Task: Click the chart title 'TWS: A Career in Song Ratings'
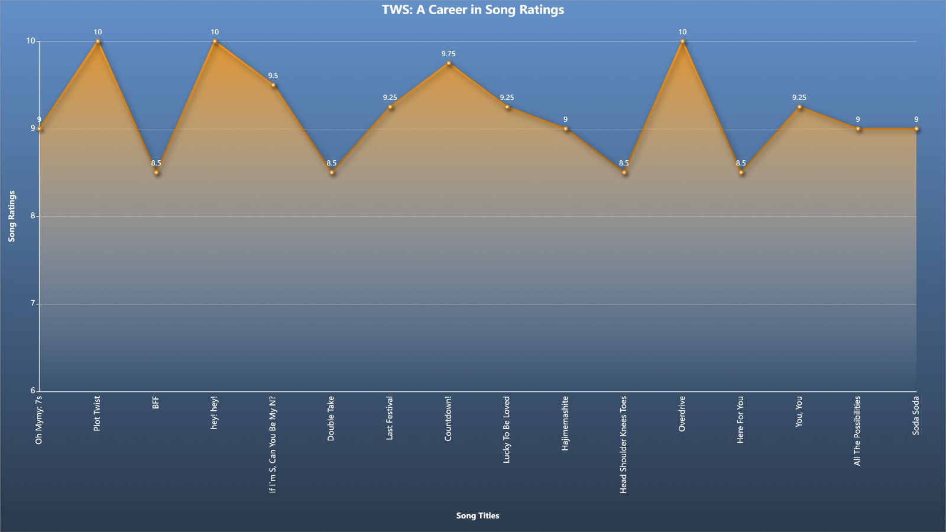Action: point(473,9)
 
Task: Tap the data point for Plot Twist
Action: point(98,41)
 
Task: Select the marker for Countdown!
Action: point(449,63)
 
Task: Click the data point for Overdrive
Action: point(682,41)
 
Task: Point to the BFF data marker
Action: point(156,172)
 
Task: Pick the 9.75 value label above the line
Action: point(449,54)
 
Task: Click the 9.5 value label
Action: point(273,76)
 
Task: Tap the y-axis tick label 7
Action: point(33,303)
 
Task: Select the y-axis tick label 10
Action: point(31,41)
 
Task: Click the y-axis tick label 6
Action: point(33,391)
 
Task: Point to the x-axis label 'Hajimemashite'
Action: point(565,423)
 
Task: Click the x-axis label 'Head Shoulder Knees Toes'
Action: point(623,445)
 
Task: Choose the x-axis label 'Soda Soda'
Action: point(916,416)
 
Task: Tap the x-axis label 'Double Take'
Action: point(331,419)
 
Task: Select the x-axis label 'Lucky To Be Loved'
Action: point(506,430)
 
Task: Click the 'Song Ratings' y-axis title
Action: point(12,216)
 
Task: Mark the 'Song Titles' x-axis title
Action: point(478,515)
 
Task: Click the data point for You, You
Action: point(799,107)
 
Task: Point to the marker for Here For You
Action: point(741,172)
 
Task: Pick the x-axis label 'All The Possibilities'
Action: point(857,431)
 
